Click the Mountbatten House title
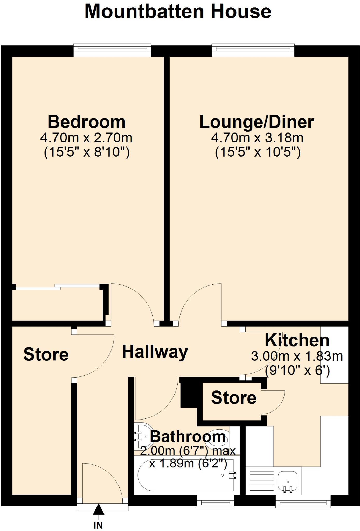click(178, 12)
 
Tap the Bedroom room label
click(87, 122)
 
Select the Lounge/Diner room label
click(257, 122)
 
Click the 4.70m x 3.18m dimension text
click(257, 138)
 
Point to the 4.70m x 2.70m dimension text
click(86, 138)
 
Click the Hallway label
click(155, 352)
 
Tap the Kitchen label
click(297, 340)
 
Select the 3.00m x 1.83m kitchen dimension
click(297, 356)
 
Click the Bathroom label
click(188, 437)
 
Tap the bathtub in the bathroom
click(182, 475)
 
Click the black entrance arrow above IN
click(99, 509)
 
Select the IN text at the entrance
click(98, 525)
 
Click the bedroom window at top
click(112, 50)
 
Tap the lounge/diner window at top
click(253, 50)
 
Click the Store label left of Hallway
click(46, 354)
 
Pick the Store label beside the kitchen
click(234, 398)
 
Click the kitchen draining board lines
click(260, 479)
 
